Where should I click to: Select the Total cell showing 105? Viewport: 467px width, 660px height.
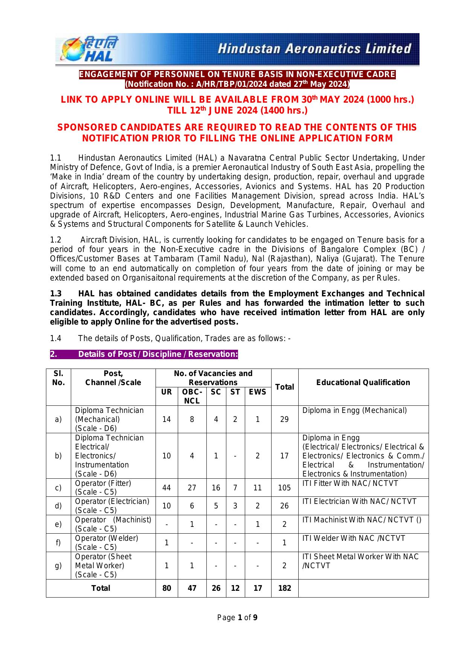pos(284,488)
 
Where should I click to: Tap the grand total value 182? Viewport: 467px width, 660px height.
pos(284,588)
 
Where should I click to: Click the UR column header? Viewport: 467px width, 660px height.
pos(166,392)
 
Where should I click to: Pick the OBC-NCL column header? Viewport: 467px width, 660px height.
pos(192,396)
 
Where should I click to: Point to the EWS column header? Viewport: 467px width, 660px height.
pos(258,392)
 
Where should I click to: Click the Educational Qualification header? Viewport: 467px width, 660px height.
pos(363,382)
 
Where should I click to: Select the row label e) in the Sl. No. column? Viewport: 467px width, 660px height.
pos(58,524)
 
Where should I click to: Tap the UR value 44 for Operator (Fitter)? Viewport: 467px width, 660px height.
pos(166,488)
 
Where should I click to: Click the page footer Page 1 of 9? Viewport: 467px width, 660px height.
pos(238,618)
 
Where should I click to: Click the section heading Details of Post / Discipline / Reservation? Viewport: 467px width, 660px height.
pos(158,354)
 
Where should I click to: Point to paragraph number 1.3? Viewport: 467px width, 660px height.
pos(56,294)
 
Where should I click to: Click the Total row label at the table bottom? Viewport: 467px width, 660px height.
pos(101,588)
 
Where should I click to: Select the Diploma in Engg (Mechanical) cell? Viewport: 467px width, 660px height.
pos(354,410)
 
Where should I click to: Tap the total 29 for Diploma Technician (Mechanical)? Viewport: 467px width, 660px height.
pos(284,419)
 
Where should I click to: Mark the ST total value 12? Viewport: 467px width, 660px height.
pos(235,588)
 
